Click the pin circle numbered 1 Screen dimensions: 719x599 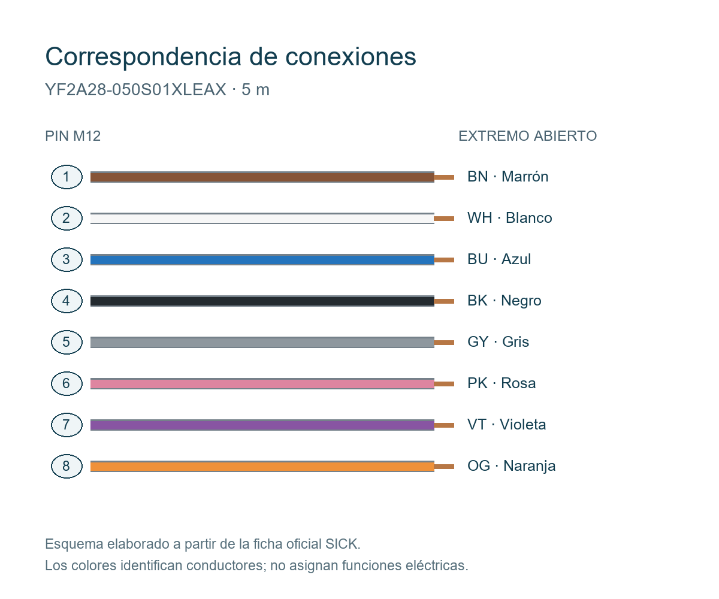pos(67,177)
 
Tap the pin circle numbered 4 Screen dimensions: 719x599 pos(67,301)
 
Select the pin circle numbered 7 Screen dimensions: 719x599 pos(67,425)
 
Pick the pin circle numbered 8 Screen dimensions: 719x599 pos(67,466)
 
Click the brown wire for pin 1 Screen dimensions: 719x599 pos(262,177)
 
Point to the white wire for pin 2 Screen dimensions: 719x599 pos(262,219)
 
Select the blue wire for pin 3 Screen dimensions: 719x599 pos(262,260)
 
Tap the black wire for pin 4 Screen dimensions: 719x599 pos(262,301)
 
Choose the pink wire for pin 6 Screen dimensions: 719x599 pos(262,384)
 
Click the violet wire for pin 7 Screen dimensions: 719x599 pos(262,425)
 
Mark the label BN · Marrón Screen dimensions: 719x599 pos(507,177)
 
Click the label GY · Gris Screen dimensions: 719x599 pos(498,342)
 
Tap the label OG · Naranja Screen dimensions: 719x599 pos(511,466)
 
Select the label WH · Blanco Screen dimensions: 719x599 pos(510,218)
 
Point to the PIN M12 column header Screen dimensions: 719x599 pos(72,136)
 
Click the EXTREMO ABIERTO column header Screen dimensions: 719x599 pos(527,136)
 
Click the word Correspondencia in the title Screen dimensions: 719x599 pos(143,57)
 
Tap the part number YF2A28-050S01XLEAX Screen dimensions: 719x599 pos(135,90)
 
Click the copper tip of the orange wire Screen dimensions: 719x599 pos(444,467)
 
